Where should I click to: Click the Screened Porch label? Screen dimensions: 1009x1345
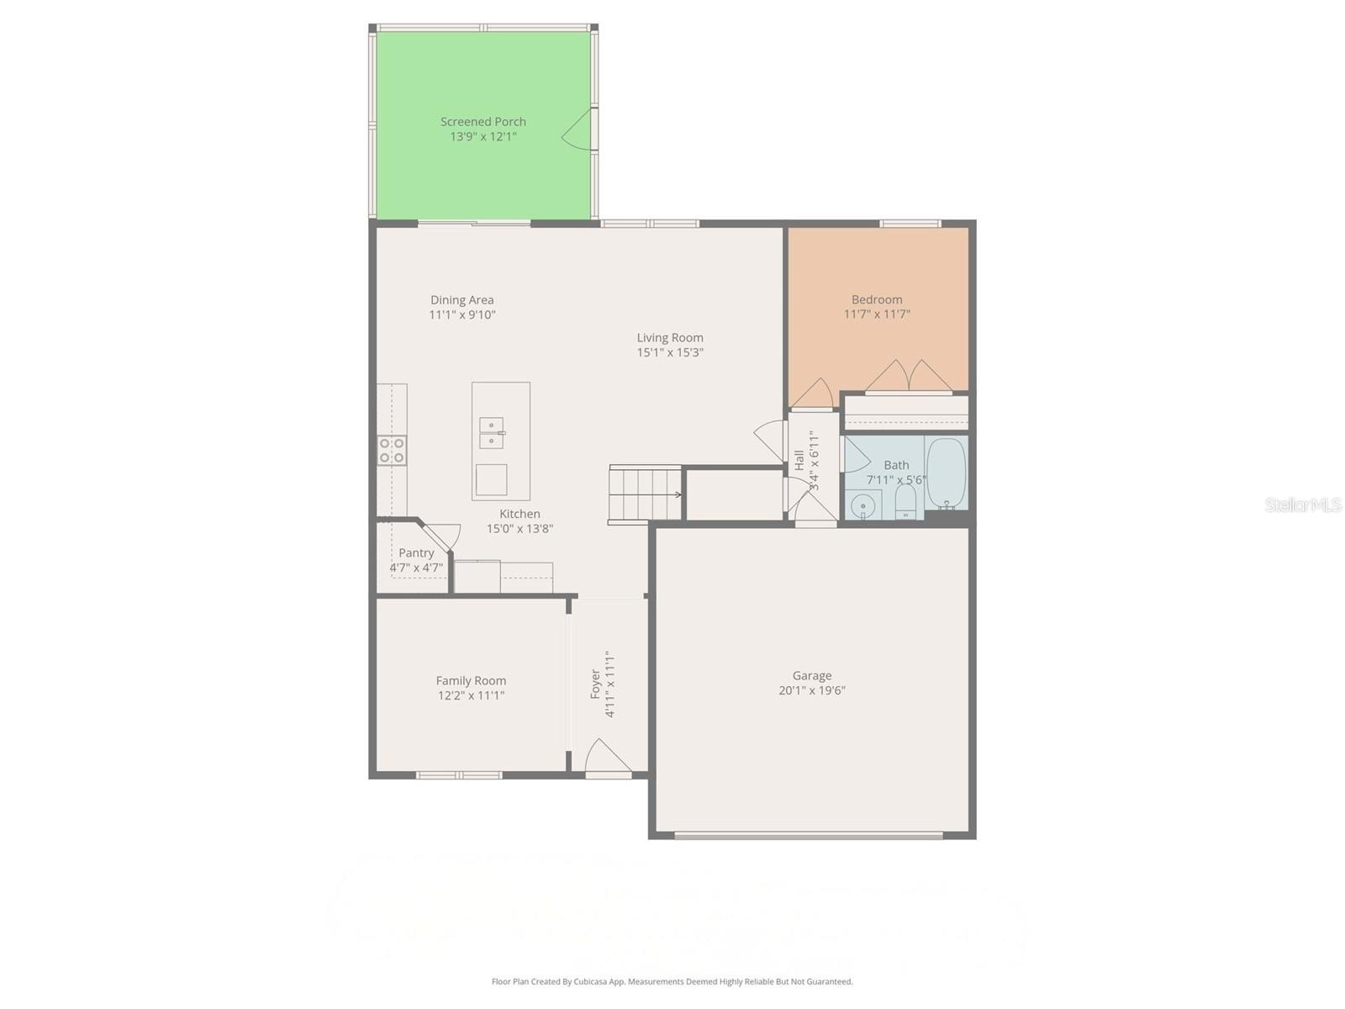click(x=483, y=122)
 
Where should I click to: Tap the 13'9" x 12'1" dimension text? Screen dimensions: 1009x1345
click(x=483, y=136)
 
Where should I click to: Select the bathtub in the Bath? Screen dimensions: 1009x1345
click(x=947, y=473)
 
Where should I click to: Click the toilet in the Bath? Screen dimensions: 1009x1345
click(x=905, y=503)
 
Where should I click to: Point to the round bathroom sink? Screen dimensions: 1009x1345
click(x=862, y=506)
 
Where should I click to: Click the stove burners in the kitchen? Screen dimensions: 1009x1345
click(x=392, y=450)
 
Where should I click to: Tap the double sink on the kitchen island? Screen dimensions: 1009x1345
click(x=491, y=433)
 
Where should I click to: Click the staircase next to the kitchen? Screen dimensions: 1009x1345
click(x=645, y=494)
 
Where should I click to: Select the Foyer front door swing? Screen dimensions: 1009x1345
click(x=607, y=757)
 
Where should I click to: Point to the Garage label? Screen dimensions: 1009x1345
click(x=811, y=675)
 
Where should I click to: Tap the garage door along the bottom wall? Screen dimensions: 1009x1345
click(x=808, y=835)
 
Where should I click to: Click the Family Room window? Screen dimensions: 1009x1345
click(x=459, y=774)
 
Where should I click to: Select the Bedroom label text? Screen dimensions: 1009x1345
click(x=877, y=299)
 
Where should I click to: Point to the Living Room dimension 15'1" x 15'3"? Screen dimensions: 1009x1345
click(x=670, y=352)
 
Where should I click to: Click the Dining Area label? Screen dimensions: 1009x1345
click(x=462, y=299)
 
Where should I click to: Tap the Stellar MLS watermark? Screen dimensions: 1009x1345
click(x=1302, y=504)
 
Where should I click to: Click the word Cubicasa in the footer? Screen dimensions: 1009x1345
click(x=594, y=981)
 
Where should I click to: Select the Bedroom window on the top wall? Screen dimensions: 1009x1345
click(x=910, y=224)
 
